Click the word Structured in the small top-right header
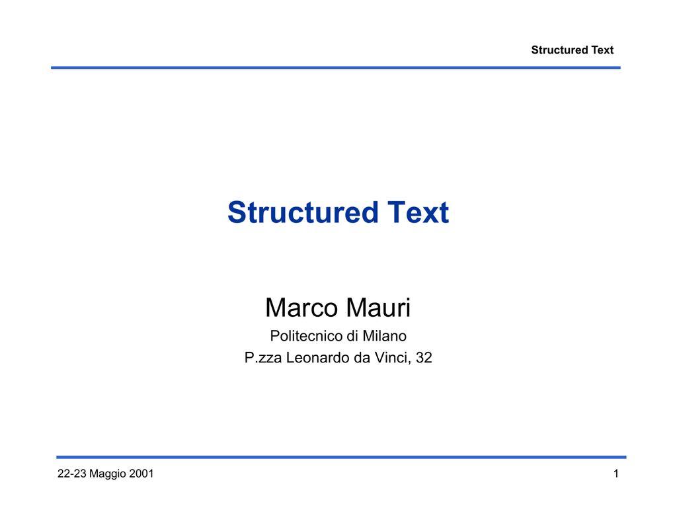click(559, 50)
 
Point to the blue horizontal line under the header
click(335, 68)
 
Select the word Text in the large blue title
click(418, 212)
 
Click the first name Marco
click(301, 308)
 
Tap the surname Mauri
click(378, 308)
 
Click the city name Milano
click(384, 335)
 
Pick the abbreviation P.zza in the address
click(263, 358)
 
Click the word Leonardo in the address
click(312, 358)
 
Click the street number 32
click(424, 358)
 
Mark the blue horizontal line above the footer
click(341, 457)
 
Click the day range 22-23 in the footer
click(72, 474)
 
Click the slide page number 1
click(616, 474)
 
